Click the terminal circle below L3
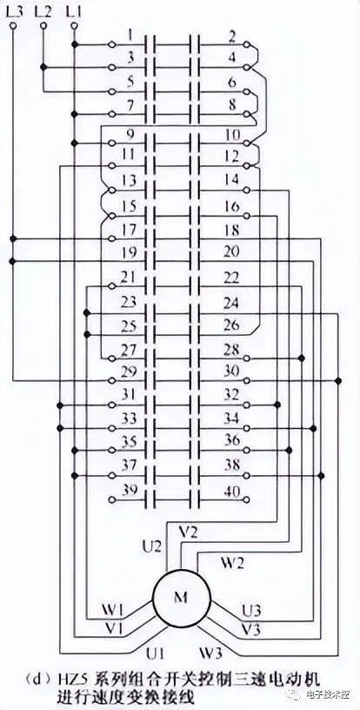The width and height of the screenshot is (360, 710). coord(13,26)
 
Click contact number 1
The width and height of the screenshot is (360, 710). coord(130,35)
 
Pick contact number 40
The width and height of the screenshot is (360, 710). coord(232,491)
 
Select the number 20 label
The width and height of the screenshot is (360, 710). coord(231,251)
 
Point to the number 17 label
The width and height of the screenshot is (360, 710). coord(130,230)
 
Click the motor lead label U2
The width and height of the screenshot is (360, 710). coord(152,547)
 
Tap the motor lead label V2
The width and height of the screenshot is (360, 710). coord(188,533)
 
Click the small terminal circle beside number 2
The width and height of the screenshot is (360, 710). coord(246,45)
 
